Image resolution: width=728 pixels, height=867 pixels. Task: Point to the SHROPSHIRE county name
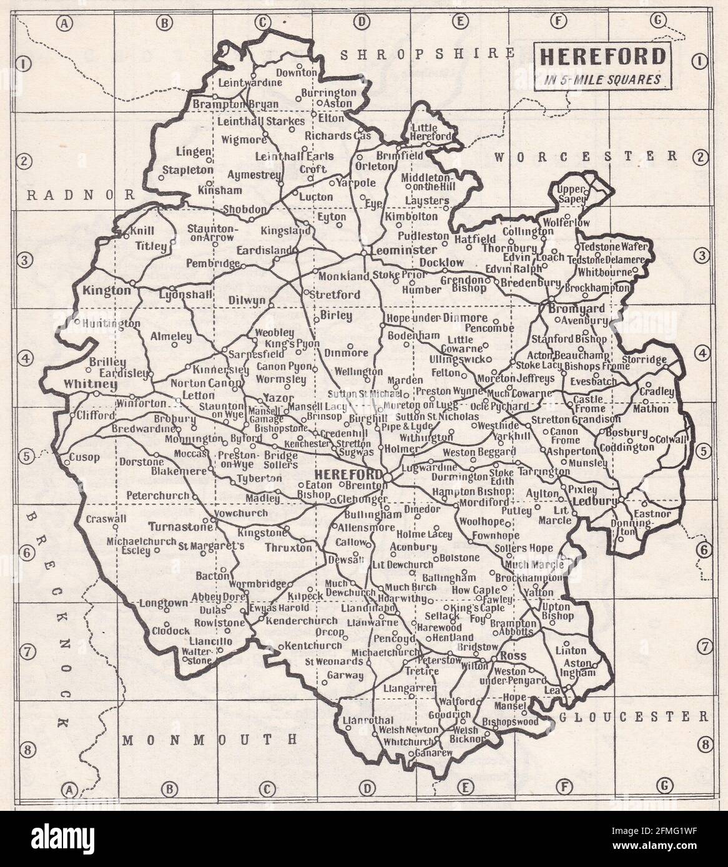click(428, 54)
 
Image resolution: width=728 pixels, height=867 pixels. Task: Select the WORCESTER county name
click(586, 156)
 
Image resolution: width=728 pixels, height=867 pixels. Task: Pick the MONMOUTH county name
click(209, 740)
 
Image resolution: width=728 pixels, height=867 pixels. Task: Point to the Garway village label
click(343, 676)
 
